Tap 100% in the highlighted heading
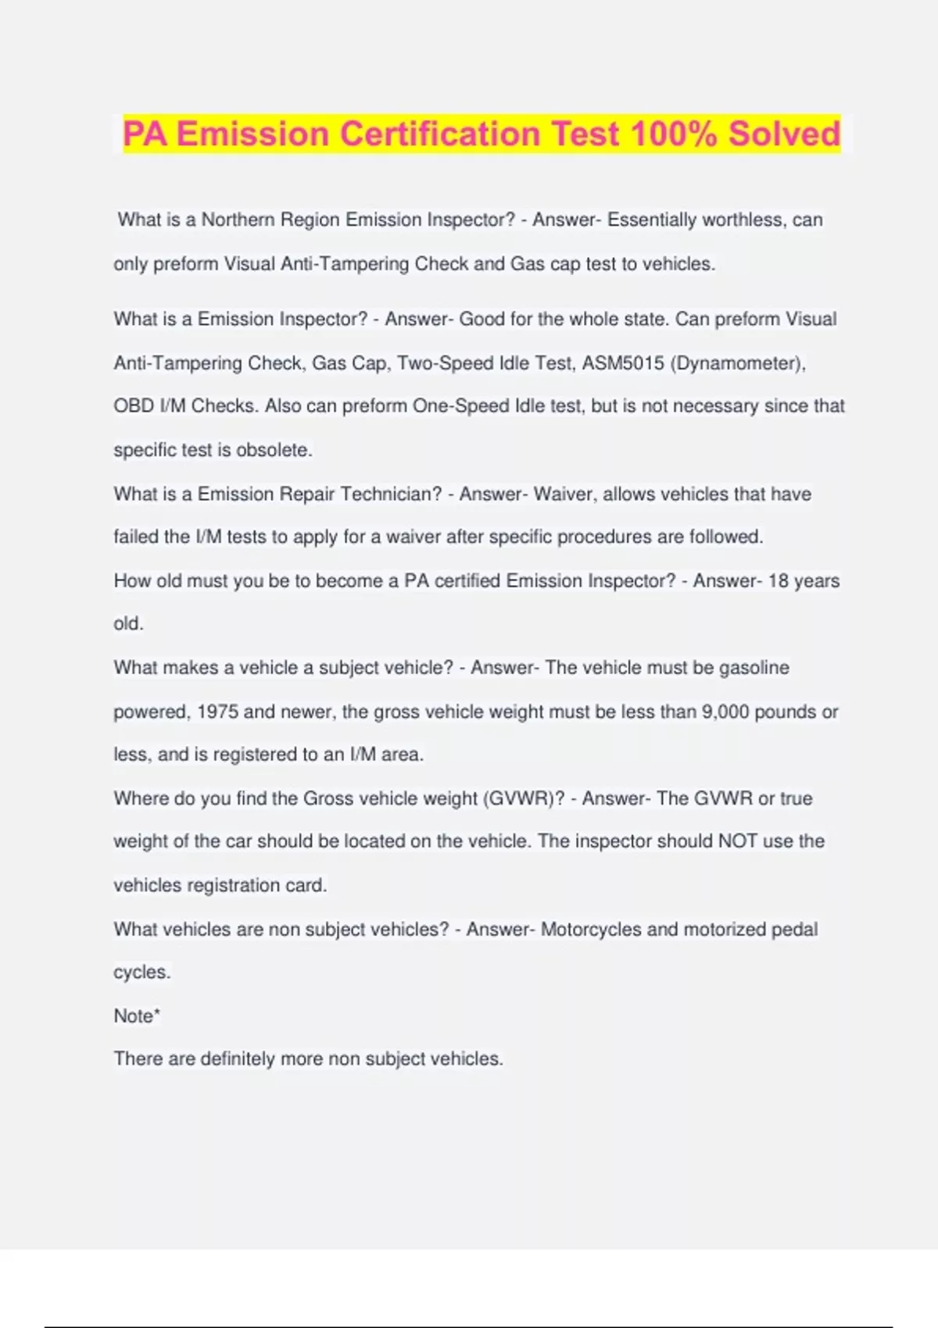673,134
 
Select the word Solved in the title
784,134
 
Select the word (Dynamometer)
738,363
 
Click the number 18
779,580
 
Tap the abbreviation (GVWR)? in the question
524,798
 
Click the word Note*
137,1016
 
